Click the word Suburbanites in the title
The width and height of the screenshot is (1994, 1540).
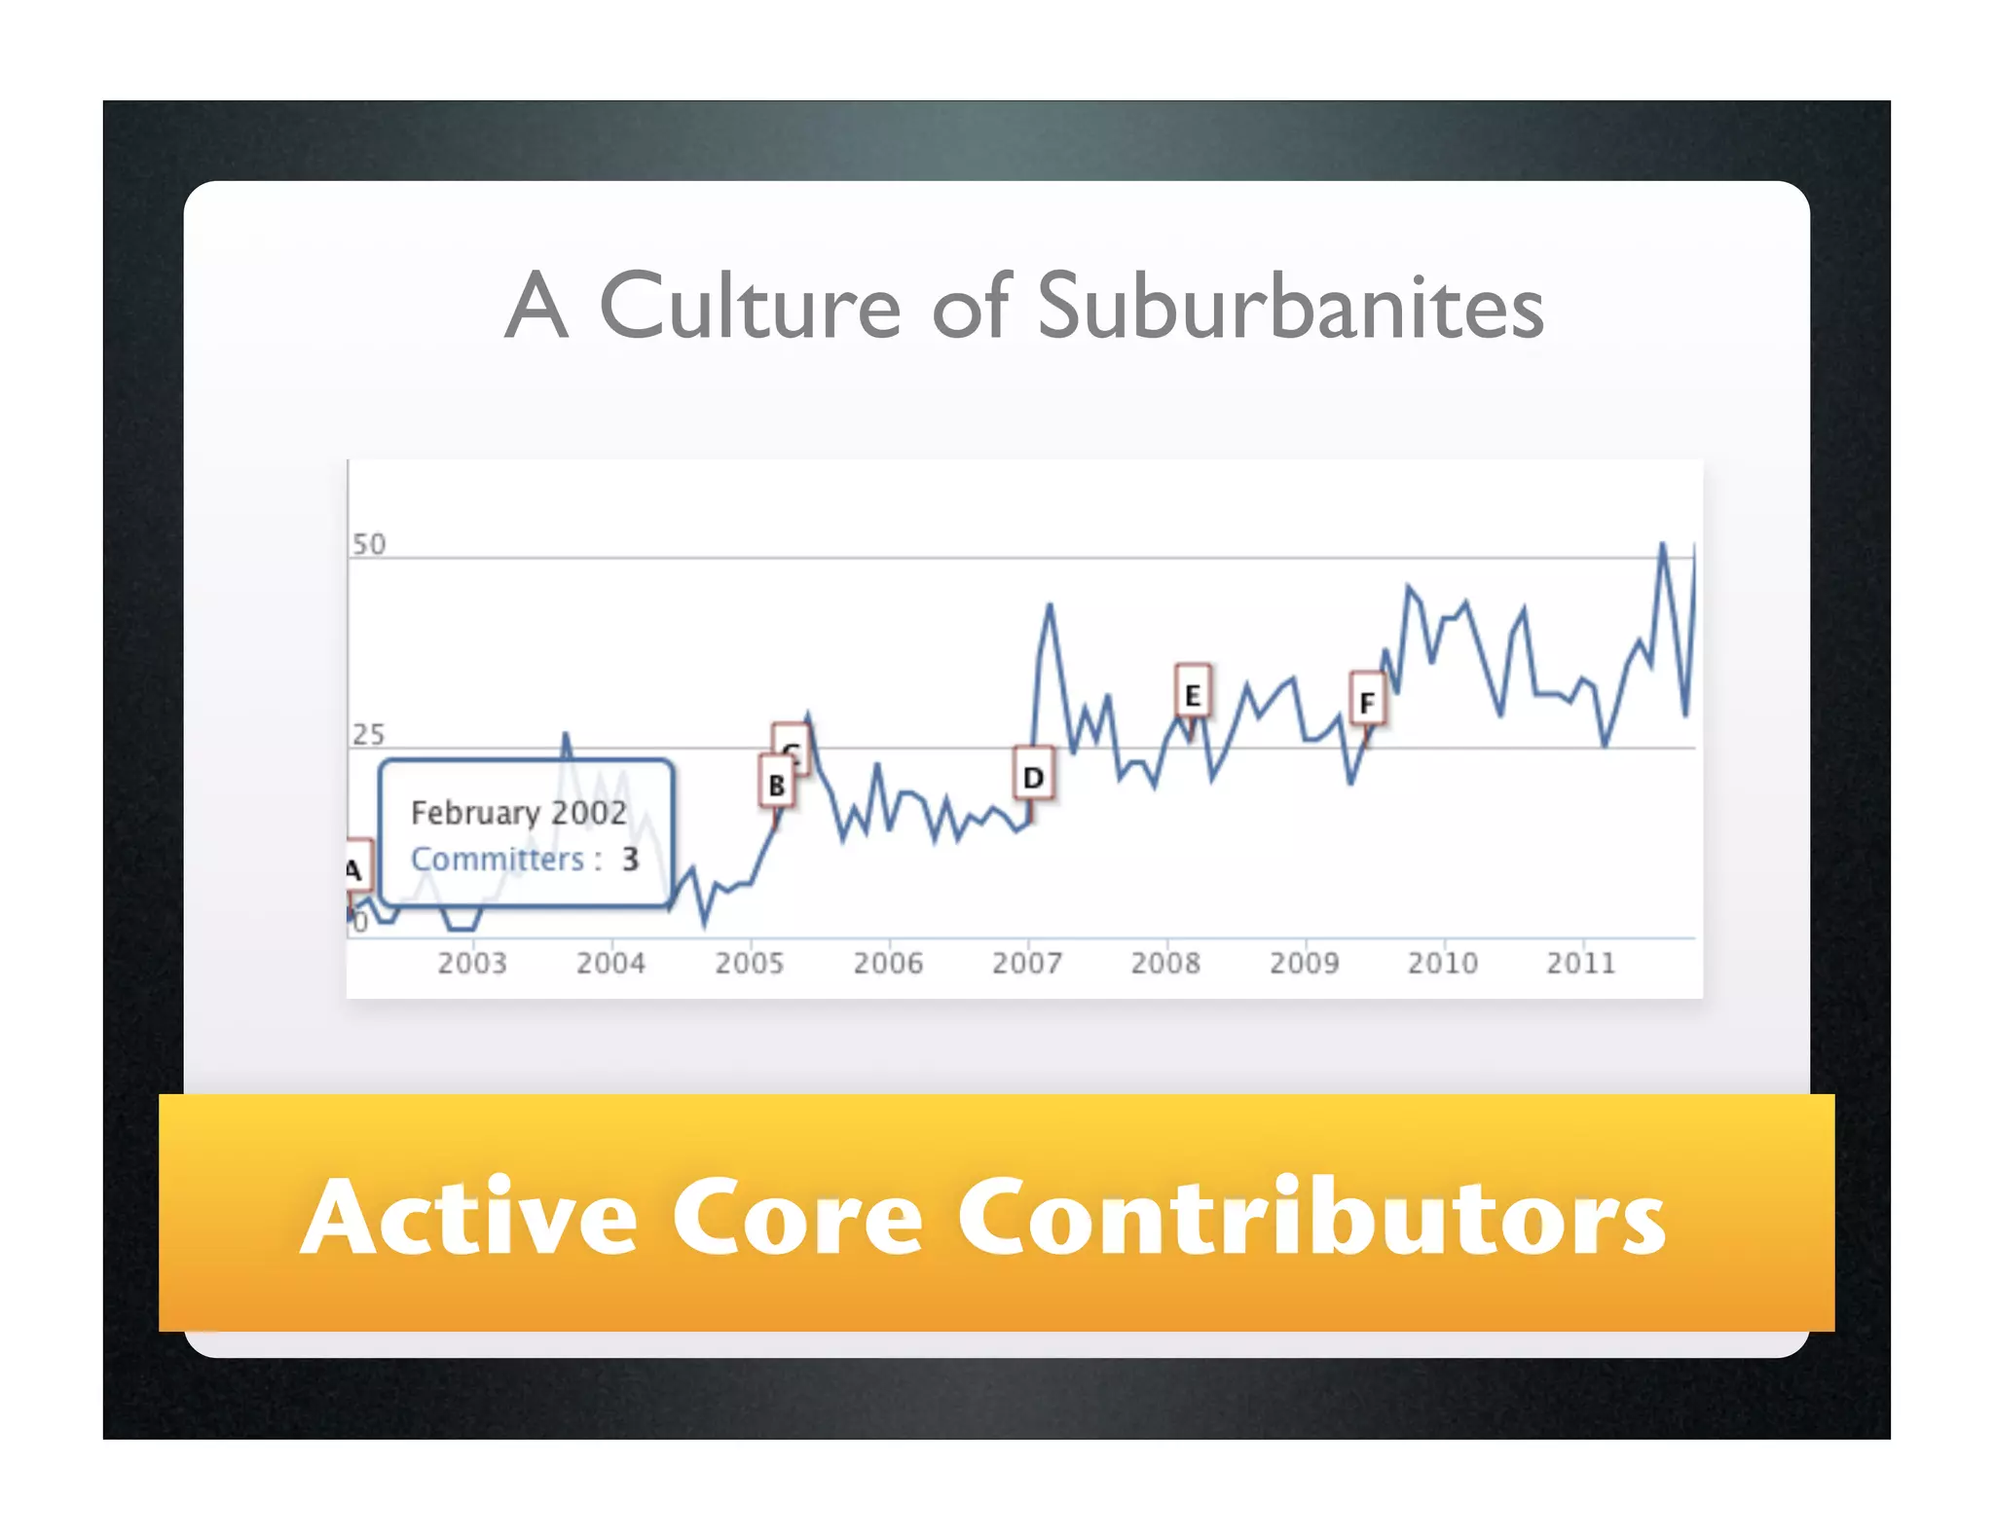pyautogui.click(x=1289, y=307)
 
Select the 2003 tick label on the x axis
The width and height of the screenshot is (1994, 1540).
pyautogui.click(x=472, y=964)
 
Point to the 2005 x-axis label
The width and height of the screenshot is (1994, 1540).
pyautogui.click(x=749, y=964)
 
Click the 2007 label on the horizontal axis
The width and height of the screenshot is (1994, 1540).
pyautogui.click(x=1026, y=964)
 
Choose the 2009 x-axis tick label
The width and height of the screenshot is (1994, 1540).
pyautogui.click(x=1304, y=964)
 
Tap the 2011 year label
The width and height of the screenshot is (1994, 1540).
pyautogui.click(x=1581, y=964)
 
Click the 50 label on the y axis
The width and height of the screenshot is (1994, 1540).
pyautogui.click(x=369, y=544)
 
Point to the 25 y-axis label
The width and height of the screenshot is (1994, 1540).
pyautogui.click(x=368, y=734)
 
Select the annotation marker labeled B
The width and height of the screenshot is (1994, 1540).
pyautogui.click(x=776, y=784)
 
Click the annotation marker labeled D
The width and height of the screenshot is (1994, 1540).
pyautogui.click(x=1033, y=776)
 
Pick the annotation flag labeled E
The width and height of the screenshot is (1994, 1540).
pyautogui.click(x=1193, y=693)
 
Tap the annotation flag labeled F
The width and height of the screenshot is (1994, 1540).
pyautogui.click(x=1367, y=701)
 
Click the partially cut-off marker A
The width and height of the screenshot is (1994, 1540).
pyautogui.click(x=356, y=866)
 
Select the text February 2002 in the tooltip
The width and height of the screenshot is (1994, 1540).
pyautogui.click(x=518, y=813)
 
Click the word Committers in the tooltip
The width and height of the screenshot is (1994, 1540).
pyautogui.click(x=497, y=860)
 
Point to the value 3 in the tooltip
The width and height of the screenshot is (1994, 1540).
pyautogui.click(x=631, y=859)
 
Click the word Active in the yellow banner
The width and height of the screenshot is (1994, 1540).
pyautogui.click(x=469, y=1217)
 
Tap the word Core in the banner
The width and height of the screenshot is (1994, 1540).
pyautogui.click(x=796, y=1217)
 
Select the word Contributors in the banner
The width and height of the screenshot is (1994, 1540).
pyautogui.click(x=1311, y=1217)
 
